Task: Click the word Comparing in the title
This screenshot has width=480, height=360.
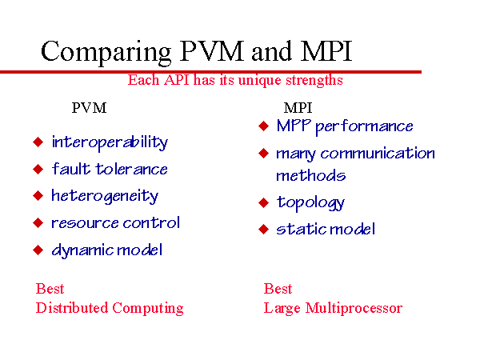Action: (106, 52)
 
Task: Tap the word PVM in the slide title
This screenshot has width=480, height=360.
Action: (211, 51)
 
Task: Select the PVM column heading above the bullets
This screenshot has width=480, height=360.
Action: (89, 108)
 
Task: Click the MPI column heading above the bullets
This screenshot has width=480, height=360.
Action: (298, 108)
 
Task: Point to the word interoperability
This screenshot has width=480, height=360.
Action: (110, 142)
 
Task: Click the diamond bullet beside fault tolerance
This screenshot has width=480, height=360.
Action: (38, 169)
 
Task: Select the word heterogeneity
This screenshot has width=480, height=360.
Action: (105, 196)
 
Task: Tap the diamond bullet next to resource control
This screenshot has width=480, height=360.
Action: (38, 223)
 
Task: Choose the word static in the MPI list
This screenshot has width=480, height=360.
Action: (298, 229)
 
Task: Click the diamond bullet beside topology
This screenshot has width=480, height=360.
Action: (263, 202)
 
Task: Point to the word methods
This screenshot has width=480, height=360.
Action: (310, 175)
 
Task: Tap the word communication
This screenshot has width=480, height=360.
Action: (378, 153)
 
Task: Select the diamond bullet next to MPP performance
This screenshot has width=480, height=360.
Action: (263, 126)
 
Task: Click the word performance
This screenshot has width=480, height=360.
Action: (364, 126)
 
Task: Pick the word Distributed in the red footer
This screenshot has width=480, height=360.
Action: (72, 308)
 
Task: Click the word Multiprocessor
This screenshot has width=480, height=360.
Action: (354, 309)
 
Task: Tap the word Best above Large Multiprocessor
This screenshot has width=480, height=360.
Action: (278, 289)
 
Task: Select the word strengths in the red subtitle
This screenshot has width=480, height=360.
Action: (314, 81)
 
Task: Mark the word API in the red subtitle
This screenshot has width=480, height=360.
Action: (177, 80)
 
